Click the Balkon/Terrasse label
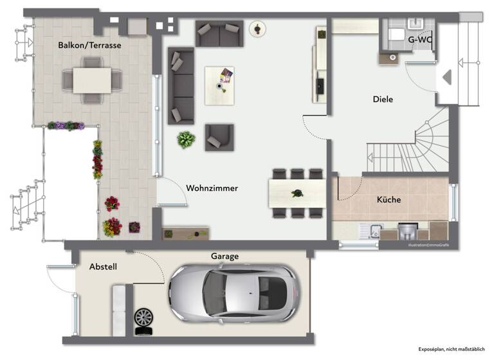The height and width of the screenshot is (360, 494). pos(89,46)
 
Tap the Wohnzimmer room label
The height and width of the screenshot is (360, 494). pos(212,188)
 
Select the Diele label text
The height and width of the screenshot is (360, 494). pos(383,100)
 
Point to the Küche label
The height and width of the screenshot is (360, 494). pos(389,200)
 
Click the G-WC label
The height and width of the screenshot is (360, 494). pos(420,39)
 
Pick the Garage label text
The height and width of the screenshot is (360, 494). pos(224,256)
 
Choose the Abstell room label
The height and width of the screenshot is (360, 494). pos(103,266)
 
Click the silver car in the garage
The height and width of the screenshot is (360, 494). pos(233,293)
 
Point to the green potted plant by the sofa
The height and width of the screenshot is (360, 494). pos(187,139)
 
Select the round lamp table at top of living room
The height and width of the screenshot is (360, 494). pos(259,29)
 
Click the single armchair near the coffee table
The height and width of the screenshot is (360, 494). pos(219,136)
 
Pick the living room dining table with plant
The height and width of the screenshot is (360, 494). pos(297,192)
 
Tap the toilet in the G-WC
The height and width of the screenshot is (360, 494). pos(395,34)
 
